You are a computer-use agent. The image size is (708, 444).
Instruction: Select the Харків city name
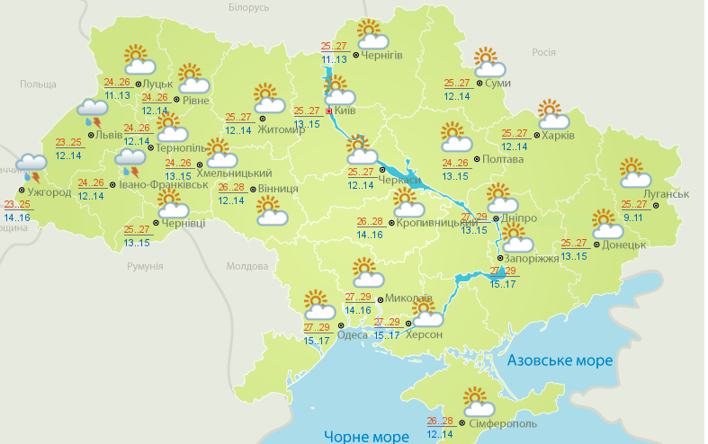[557, 136]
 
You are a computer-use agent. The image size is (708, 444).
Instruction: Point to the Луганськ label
[666, 194]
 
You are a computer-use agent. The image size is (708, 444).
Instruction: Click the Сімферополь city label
[502, 423]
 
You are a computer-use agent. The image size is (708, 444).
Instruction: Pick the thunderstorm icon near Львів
[93, 111]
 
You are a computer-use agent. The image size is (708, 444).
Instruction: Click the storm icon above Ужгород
[33, 166]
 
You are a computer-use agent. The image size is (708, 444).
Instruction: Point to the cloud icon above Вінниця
[271, 211]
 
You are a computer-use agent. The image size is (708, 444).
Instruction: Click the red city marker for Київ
[329, 111]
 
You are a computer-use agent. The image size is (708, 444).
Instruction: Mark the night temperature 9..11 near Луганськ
[633, 218]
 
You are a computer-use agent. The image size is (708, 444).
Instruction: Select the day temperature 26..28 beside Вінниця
[230, 187]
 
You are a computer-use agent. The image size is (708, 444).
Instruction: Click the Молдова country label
[247, 267]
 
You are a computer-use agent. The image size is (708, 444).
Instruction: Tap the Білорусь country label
[249, 7]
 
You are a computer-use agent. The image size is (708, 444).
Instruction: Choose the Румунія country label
[145, 267]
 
